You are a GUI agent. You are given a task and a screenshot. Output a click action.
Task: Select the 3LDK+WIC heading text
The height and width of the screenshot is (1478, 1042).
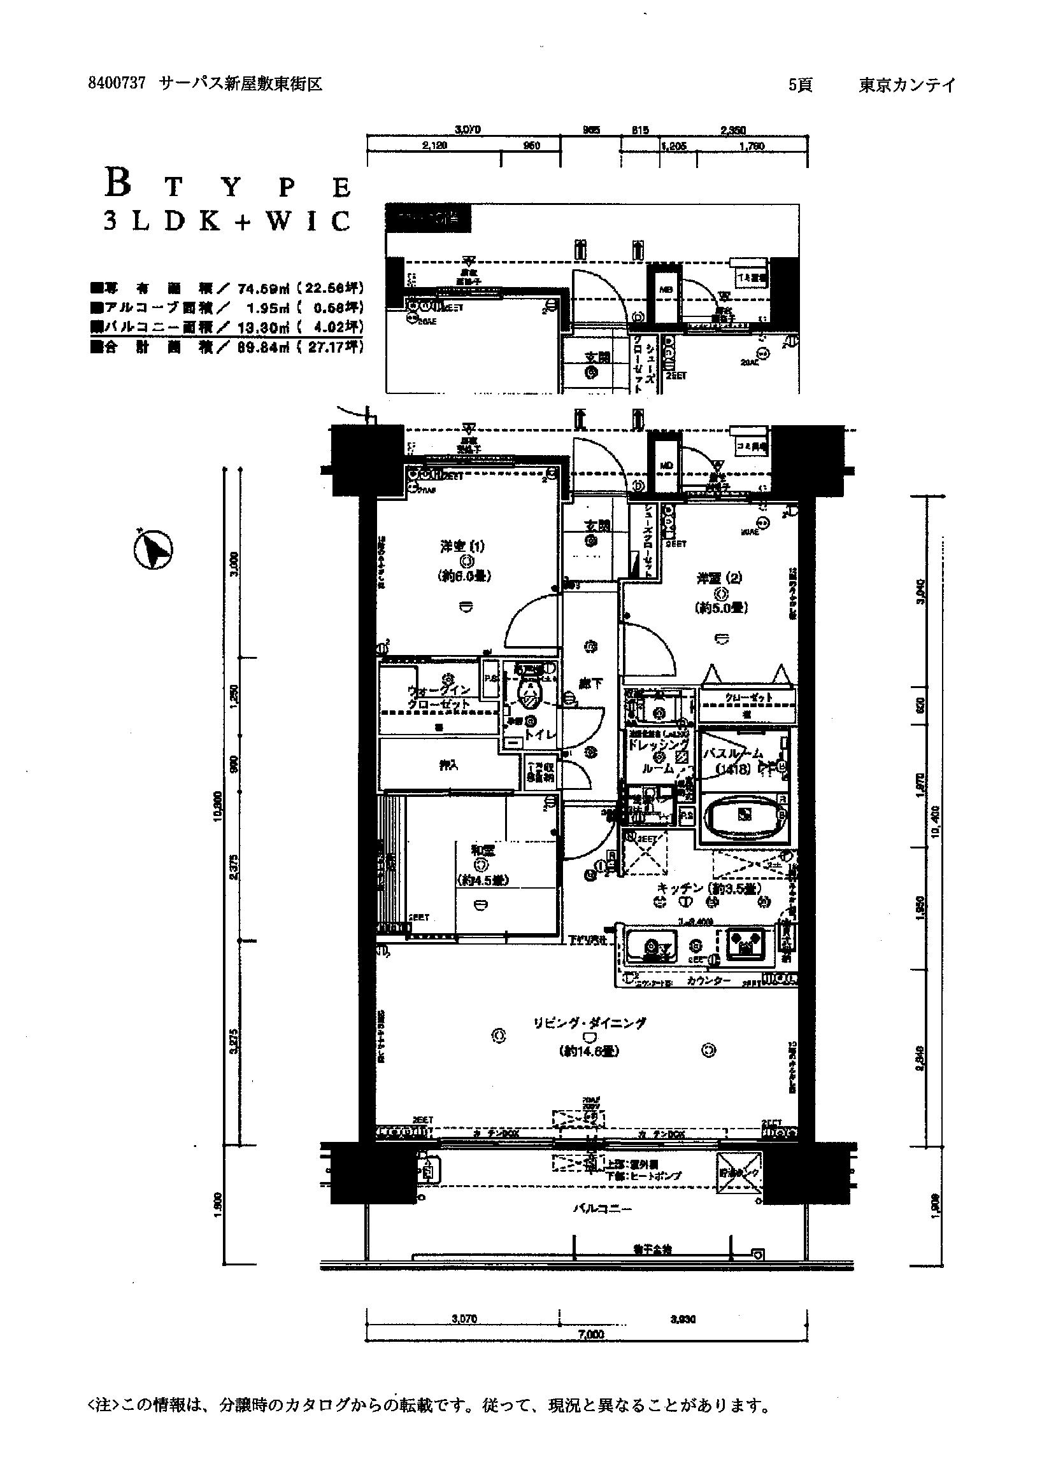point(227,221)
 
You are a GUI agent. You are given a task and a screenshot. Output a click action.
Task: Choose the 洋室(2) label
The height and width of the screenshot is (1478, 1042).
point(719,578)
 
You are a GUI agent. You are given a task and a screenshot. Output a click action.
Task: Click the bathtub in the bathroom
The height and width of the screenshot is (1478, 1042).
point(745,814)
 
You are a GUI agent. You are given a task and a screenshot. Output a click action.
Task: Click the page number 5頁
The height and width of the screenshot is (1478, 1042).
point(801,84)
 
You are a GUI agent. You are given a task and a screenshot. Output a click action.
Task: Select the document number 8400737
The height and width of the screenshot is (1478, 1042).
point(117,83)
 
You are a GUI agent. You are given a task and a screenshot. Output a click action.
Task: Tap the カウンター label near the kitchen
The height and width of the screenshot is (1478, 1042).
point(708,981)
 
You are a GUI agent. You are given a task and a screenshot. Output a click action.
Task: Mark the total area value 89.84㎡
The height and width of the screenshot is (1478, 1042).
point(264,348)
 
